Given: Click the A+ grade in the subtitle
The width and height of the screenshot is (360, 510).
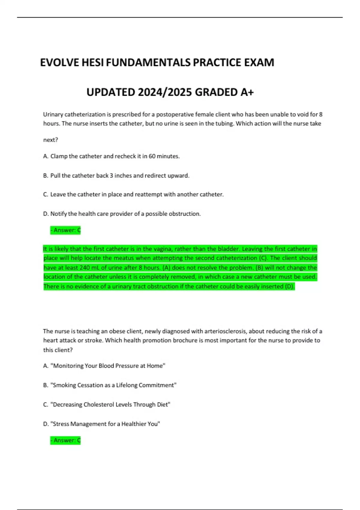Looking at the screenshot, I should (x=247, y=92).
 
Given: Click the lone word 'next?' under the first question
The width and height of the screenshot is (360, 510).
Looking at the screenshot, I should (x=50, y=140).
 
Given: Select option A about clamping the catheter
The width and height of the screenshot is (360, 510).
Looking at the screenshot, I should (x=111, y=156).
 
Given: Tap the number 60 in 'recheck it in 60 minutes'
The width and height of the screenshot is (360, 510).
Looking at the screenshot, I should (x=152, y=156).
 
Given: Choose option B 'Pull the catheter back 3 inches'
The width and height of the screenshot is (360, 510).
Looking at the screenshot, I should (x=116, y=175).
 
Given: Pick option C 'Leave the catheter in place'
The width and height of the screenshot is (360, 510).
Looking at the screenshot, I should (x=133, y=194).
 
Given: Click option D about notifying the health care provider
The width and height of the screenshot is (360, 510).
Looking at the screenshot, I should (x=122, y=214).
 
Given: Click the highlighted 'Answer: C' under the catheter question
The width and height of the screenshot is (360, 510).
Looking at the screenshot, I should (x=65, y=230).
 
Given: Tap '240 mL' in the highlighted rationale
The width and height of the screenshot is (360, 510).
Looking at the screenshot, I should (x=90, y=268).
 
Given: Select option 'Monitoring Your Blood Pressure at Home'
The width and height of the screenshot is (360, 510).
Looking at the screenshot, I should (x=104, y=366).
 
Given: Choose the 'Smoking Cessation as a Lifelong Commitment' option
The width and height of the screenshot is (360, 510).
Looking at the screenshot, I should (x=110, y=385).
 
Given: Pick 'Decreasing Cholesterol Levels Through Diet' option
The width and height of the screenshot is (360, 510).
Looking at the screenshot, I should (x=106, y=404).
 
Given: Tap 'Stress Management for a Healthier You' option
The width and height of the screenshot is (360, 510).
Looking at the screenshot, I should (x=101, y=424).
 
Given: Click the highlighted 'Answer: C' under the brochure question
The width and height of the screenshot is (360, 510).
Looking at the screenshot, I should (x=65, y=440).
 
